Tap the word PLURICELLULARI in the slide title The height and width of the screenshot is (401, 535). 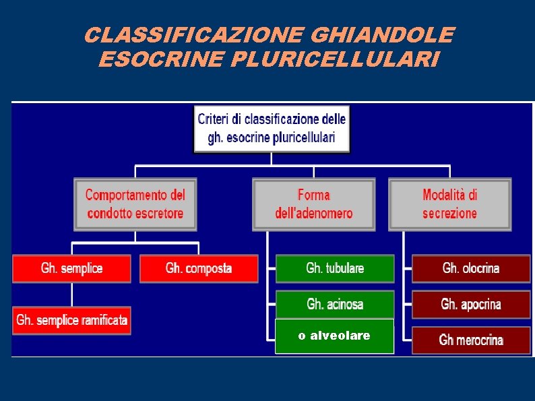click(x=335, y=60)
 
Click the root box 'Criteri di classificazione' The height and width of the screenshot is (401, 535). click(x=272, y=129)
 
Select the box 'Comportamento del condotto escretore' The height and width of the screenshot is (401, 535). click(x=135, y=204)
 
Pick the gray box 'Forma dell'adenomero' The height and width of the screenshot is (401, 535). click(x=313, y=204)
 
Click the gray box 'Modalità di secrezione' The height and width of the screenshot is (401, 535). click(x=449, y=204)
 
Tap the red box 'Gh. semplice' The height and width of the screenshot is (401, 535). click(x=71, y=268)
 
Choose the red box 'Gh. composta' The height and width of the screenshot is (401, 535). click(x=199, y=268)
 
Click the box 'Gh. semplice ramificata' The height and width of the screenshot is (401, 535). click(x=71, y=320)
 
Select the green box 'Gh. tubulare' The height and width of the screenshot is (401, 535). click(x=335, y=268)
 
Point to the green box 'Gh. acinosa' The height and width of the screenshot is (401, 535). click(x=335, y=304)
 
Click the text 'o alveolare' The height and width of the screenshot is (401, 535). click(x=334, y=336)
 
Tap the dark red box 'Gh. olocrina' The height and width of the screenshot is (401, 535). click(x=471, y=268)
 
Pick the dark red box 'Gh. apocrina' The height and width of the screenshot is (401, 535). click(x=471, y=304)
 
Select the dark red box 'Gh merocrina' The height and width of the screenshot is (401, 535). click(x=471, y=340)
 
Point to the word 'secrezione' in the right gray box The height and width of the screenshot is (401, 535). click(x=449, y=214)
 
